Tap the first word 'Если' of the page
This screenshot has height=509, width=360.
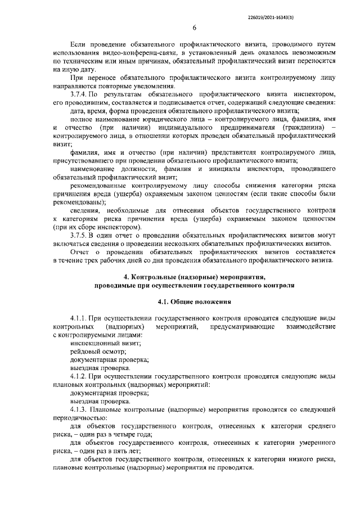pos(78,43)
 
